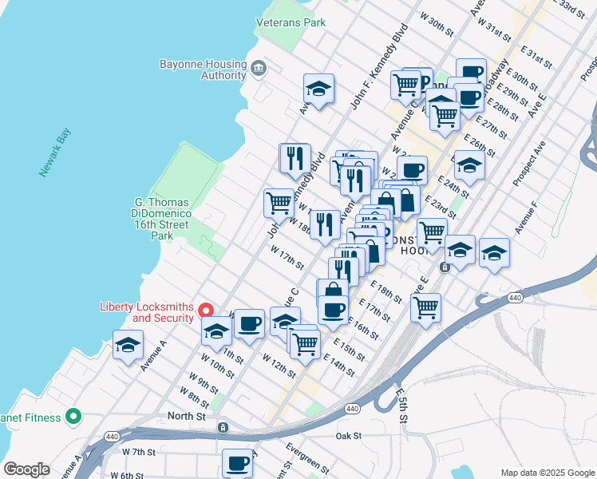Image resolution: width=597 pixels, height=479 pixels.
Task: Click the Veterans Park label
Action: [291, 22]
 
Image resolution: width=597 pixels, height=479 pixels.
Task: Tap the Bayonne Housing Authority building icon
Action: [258, 67]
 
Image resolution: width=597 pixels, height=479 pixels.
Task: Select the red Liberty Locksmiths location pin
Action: [205, 311]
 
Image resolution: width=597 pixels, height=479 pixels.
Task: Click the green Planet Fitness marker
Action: [74, 415]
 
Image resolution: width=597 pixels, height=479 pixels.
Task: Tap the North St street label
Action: [187, 416]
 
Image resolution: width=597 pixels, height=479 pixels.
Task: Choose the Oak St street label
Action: [349, 436]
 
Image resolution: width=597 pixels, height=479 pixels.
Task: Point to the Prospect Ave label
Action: [528, 164]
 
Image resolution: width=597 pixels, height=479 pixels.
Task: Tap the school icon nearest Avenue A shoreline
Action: [128, 345]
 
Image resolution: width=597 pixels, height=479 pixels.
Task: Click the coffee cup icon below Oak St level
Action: [237, 462]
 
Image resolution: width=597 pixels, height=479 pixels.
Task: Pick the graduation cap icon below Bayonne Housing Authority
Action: [318, 89]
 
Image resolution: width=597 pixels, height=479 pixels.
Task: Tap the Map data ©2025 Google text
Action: [547, 473]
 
